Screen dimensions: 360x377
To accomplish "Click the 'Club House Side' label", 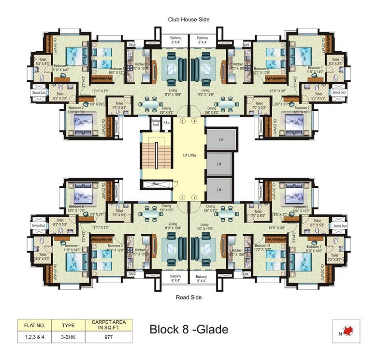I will (188, 20).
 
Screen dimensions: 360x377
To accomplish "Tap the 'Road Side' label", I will (188, 297).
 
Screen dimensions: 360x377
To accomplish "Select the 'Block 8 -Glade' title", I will (188, 330).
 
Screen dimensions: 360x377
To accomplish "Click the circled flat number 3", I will (183, 120).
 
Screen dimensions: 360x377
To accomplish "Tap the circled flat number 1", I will (194, 197).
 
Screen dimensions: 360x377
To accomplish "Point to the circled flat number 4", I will (194, 120).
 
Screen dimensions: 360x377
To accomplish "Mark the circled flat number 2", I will (183, 197).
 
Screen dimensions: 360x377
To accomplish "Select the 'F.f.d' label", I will (166, 122).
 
